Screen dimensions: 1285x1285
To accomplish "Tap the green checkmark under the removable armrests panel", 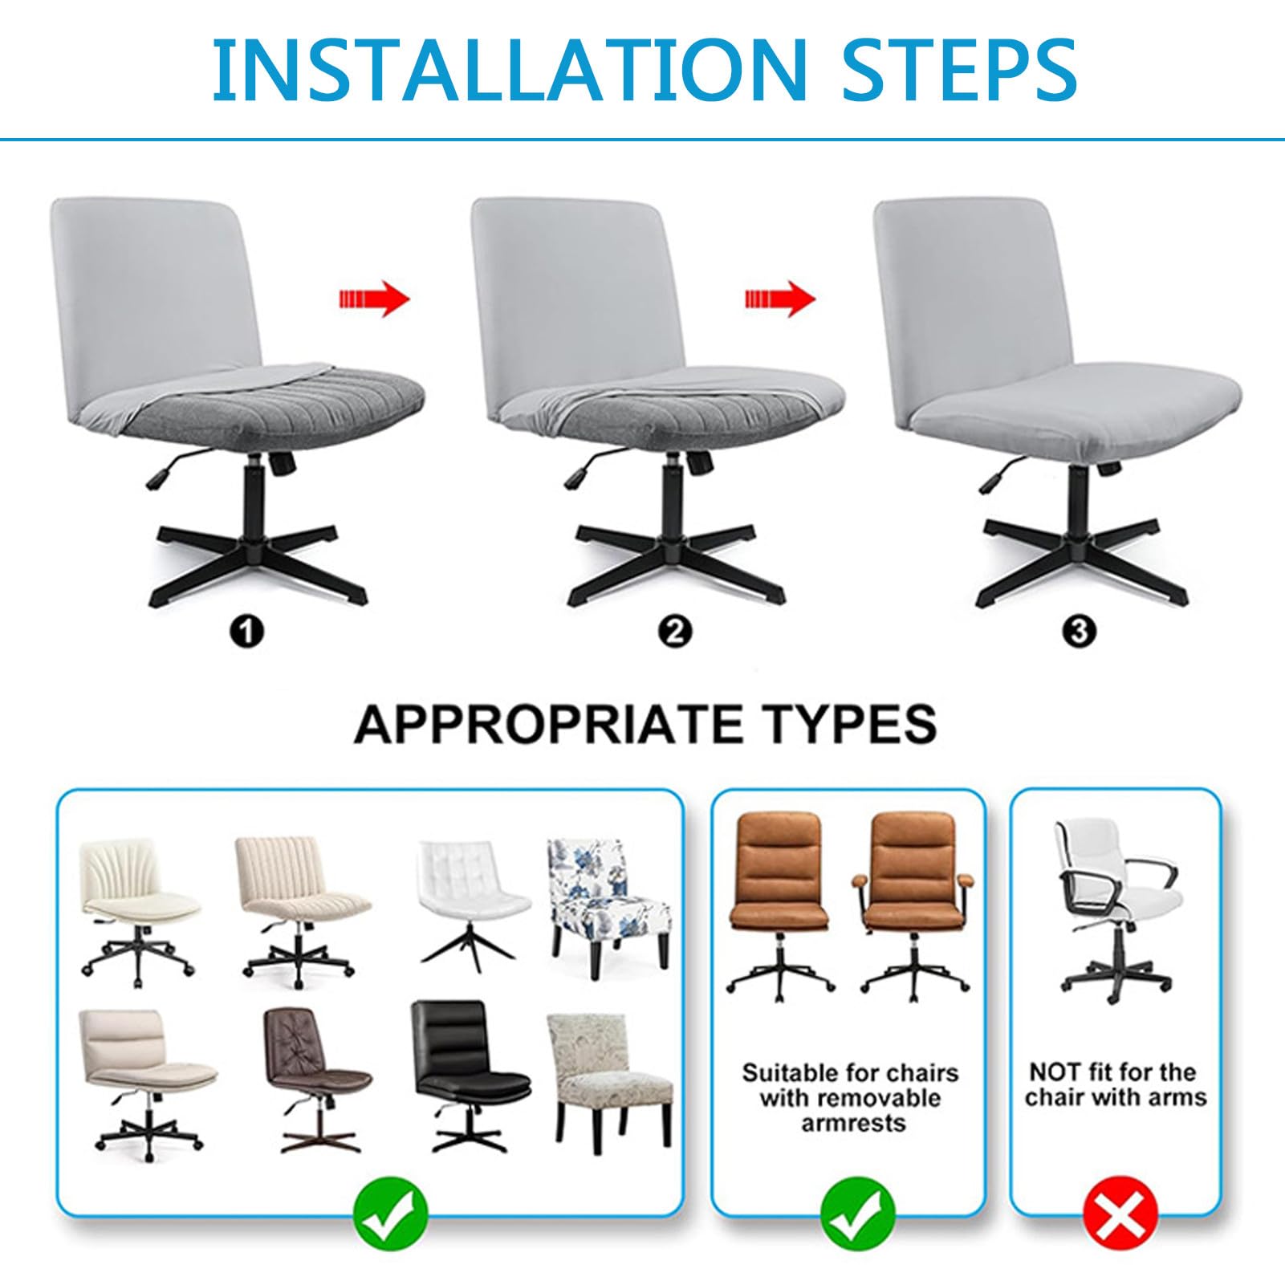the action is click(858, 1222).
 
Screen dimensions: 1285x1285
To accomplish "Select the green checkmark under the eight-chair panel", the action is click(392, 1222).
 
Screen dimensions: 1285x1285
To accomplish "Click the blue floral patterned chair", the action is click(608, 905).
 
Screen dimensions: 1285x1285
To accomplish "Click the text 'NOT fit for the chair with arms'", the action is click(1116, 1084).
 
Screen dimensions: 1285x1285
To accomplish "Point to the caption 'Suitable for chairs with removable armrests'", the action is click(851, 1097).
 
